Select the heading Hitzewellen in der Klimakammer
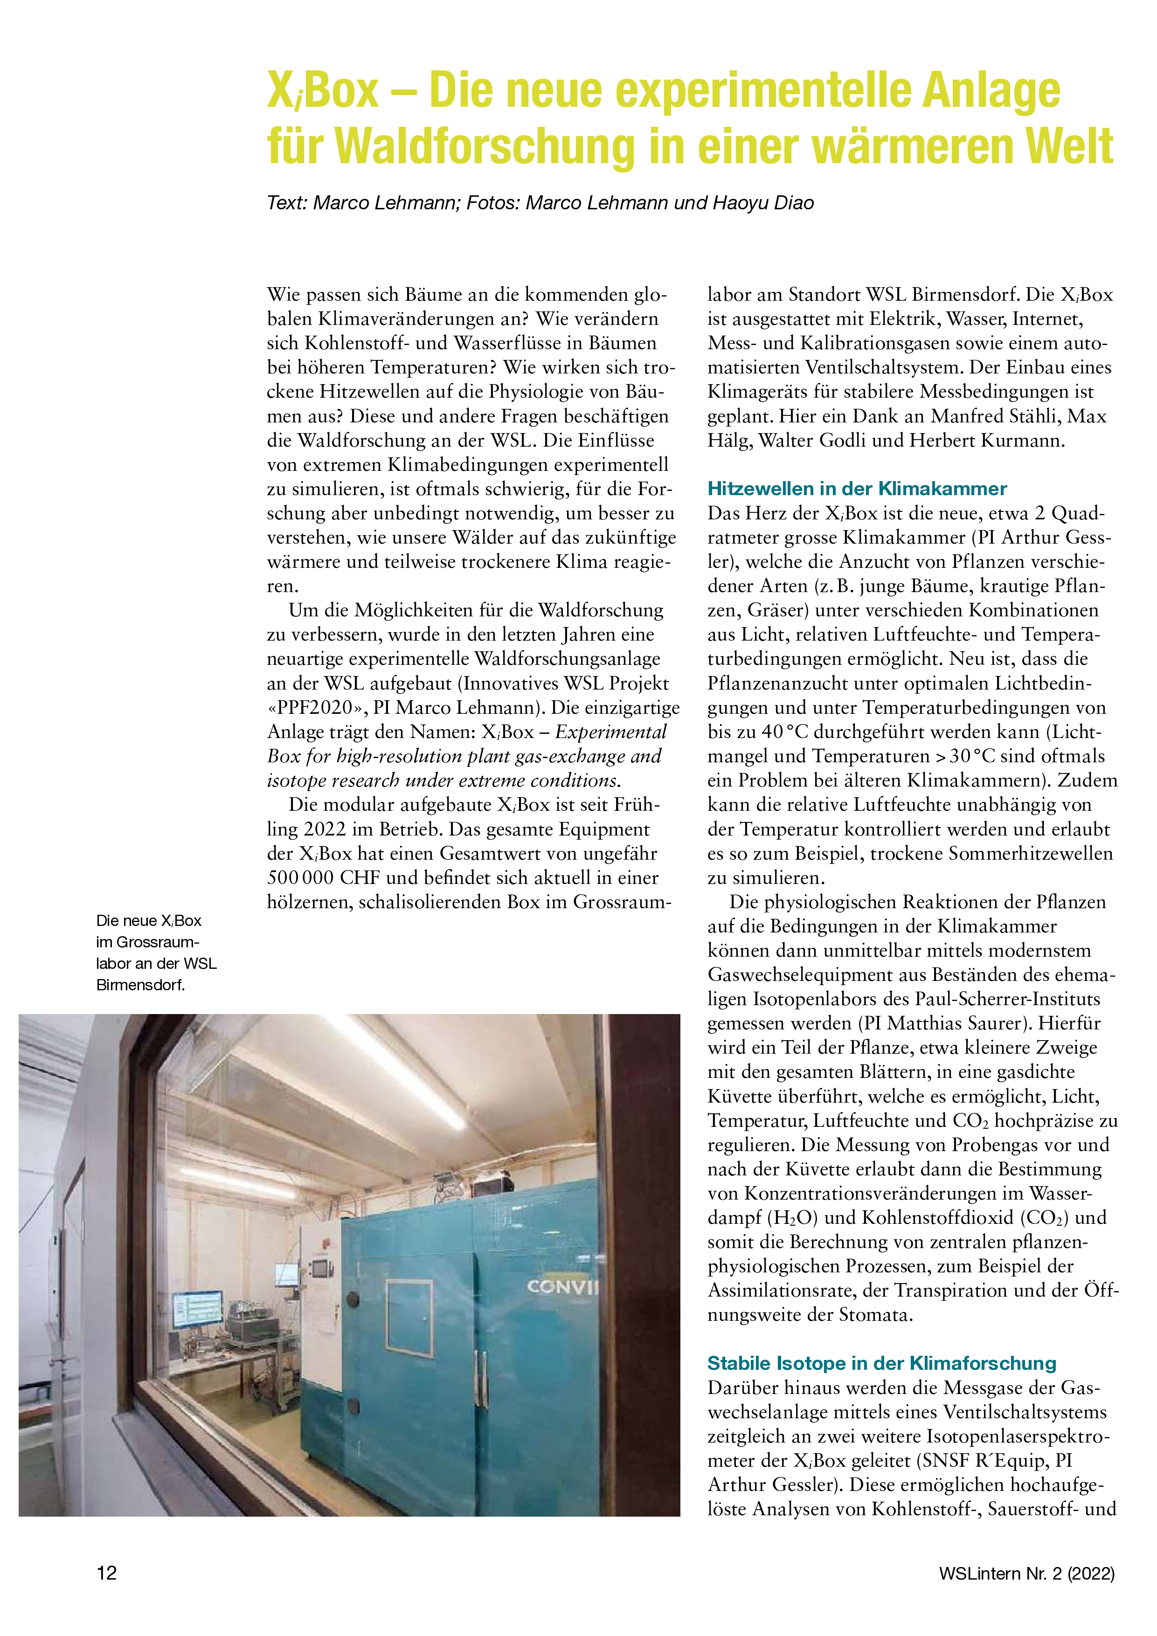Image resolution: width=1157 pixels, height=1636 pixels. tap(857, 489)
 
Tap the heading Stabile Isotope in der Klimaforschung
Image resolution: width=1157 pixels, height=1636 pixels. tap(881, 1364)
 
